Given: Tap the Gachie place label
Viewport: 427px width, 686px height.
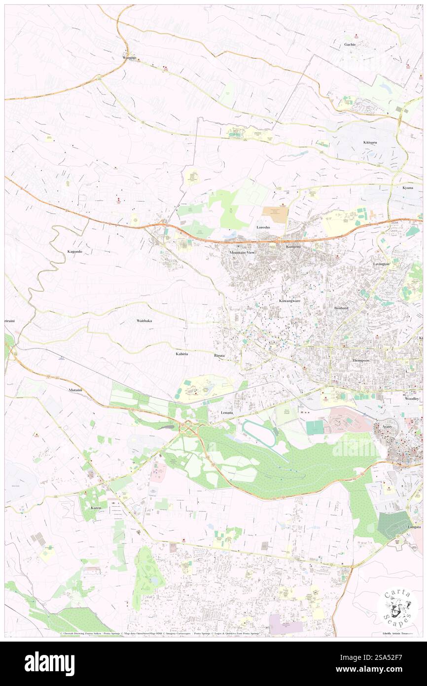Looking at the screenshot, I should click(350, 44).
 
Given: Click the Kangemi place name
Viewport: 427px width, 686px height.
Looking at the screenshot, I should click(293, 246).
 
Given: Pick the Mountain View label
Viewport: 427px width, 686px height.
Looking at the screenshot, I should click(242, 253).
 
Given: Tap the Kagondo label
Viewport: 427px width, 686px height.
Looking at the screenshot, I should click(74, 252).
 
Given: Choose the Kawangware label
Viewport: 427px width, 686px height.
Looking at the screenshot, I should click(290, 301).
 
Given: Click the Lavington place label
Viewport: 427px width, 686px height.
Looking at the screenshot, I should click(381, 264).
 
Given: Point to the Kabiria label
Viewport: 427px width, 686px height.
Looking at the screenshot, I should click(182, 354).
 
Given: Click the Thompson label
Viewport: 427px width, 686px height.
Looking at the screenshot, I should click(360, 361).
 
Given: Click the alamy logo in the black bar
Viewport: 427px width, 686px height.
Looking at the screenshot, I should click(49, 664).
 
